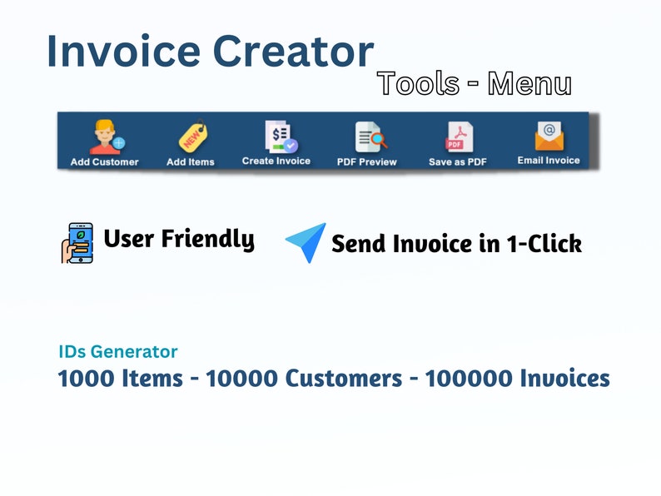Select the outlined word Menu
529,83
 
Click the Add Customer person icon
104,136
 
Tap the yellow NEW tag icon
191,136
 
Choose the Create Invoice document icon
276,135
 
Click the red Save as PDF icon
458,136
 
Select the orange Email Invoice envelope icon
549,135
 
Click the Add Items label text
191,161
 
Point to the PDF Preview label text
366,161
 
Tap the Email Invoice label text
549,160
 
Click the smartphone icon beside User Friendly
77,242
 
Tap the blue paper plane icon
306,242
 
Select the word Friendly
207,239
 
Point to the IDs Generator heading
117,352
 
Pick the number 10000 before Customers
242,379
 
